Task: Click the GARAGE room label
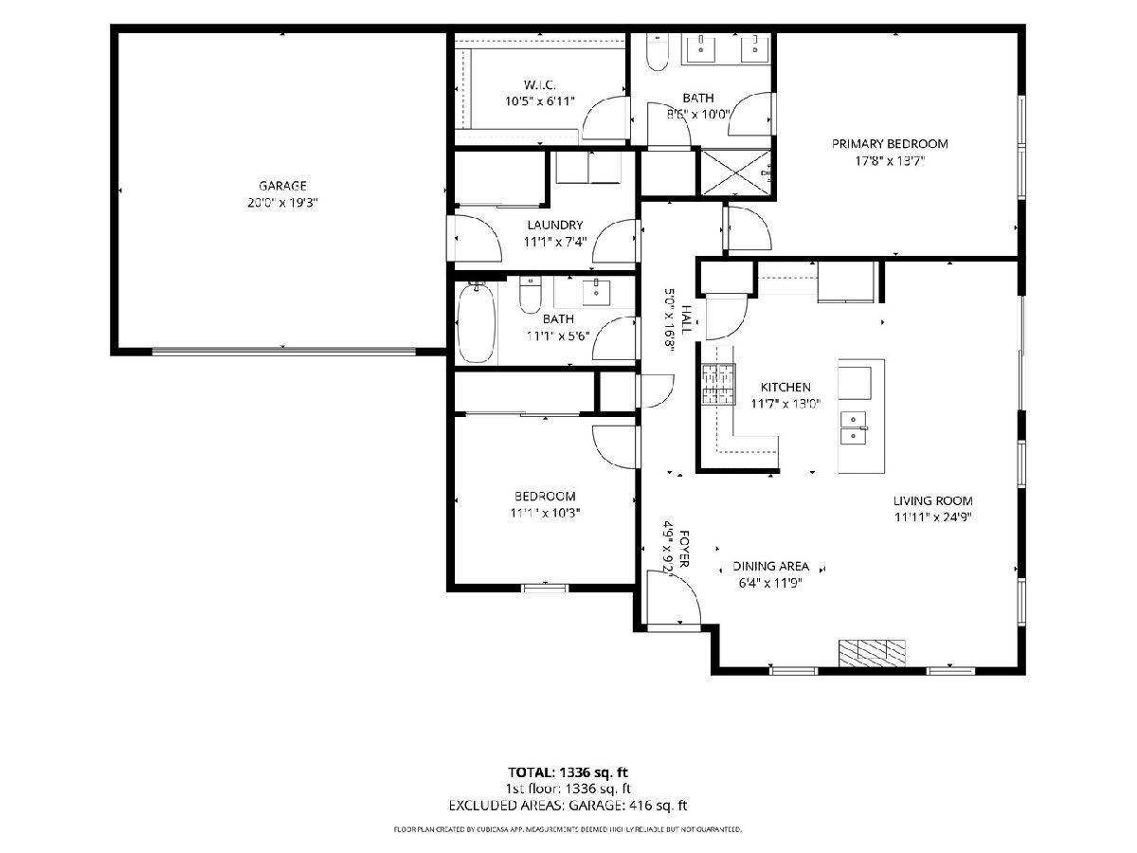[282, 186]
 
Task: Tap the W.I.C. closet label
[539, 84]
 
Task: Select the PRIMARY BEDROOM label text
[890, 143]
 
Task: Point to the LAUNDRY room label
[555, 225]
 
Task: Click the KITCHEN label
[785, 387]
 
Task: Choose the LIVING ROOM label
[932, 500]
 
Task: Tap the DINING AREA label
[770, 566]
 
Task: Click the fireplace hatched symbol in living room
[872, 653]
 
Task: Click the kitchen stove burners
[718, 383]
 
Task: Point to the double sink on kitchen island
[854, 428]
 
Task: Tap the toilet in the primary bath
[658, 51]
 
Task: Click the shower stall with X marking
[735, 172]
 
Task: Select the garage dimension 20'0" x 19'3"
[282, 203]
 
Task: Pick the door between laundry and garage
[476, 238]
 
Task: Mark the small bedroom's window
[545, 588]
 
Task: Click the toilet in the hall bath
[530, 295]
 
